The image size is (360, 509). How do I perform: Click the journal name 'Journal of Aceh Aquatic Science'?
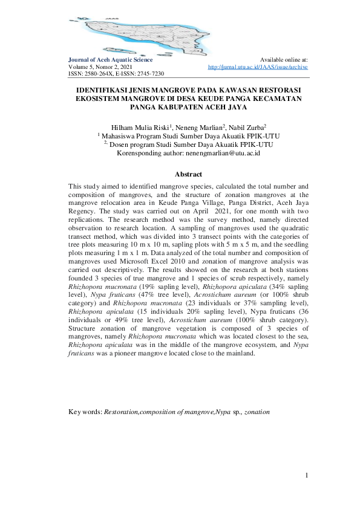pos(110,60)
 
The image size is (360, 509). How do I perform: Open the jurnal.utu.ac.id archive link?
pos(258,66)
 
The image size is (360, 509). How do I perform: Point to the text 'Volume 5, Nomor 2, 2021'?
pos(100,66)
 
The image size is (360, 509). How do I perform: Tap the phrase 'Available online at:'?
pos(283,60)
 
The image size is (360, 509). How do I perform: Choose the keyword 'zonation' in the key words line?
pos(257,412)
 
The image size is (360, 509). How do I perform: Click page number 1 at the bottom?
pos(307,476)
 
